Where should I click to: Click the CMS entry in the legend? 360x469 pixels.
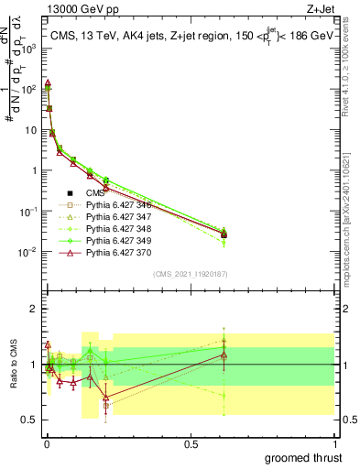(97, 192)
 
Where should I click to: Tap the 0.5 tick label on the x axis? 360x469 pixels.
(191, 442)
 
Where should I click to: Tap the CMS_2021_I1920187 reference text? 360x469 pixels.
(191, 273)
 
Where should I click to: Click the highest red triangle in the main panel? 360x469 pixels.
(48, 82)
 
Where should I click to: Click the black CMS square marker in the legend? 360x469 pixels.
(69, 192)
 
